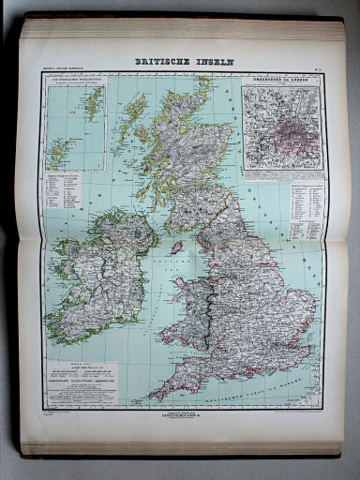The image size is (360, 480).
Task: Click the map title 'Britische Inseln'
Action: click(185, 62)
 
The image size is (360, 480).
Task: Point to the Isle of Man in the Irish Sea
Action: click(176, 247)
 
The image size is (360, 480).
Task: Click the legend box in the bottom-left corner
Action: click(79, 381)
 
